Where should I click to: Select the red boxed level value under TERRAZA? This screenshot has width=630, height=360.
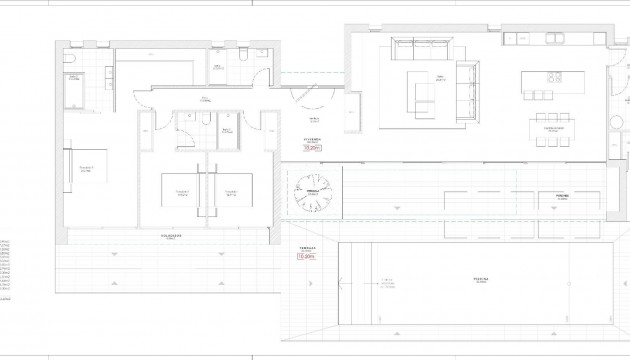coord(306,257)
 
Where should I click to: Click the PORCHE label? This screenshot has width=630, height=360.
coord(561,196)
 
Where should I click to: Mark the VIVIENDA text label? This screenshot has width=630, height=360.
coord(311,139)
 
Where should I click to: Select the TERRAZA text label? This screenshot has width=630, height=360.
coord(306,248)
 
